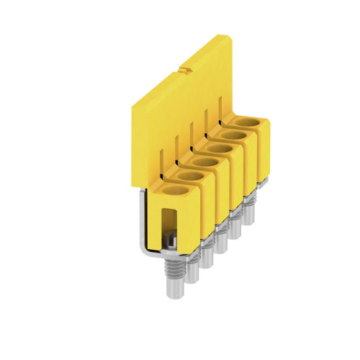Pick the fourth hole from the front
click(220, 149)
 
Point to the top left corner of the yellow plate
click(131, 104)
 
